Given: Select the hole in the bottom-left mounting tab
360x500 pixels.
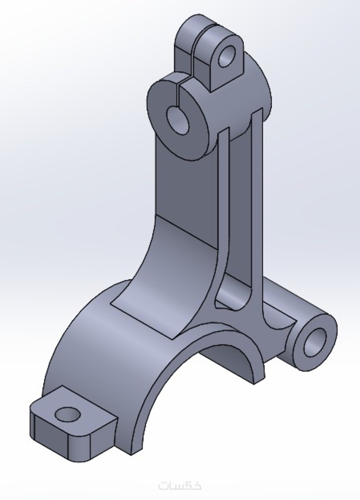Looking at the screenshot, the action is click(67, 414).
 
